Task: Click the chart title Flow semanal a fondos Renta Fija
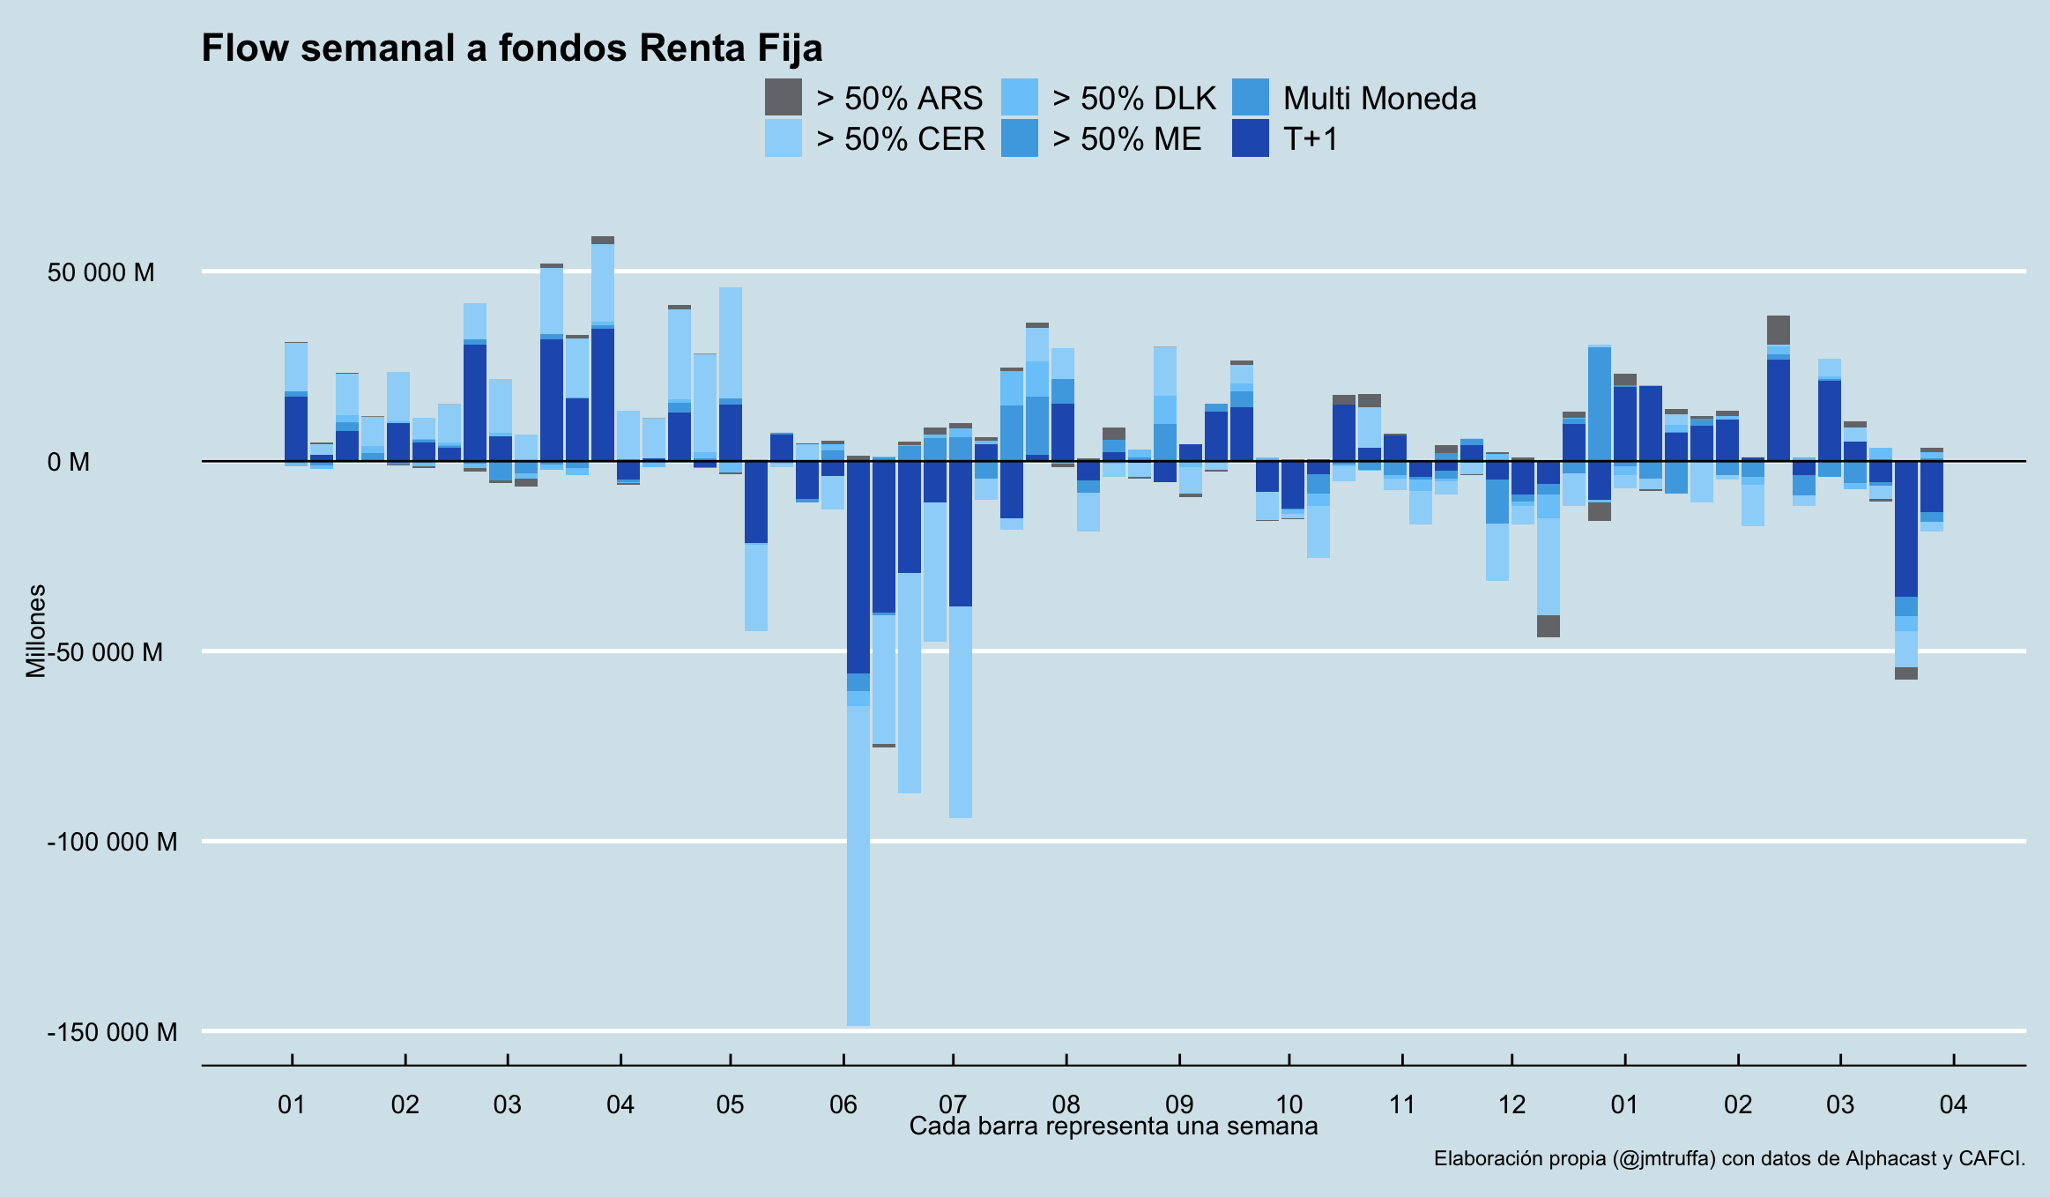tap(511, 48)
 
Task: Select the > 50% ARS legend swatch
tap(783, 97)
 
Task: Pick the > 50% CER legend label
tap(900, 139)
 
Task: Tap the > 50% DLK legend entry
tap(1133, 99)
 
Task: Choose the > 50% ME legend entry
tap(1126, 139)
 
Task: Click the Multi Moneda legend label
tap(1379, 99)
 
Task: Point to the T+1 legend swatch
tap(1250, 138)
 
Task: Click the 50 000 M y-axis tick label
tap(100, 272)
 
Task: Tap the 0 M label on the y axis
tap(69, 462)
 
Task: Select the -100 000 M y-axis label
tap(112, 842)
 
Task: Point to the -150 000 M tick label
tap(112, 1032)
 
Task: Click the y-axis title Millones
tap(36, 631)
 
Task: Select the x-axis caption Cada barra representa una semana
tap(1113, 1126)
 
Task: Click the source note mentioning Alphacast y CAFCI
tap(1728, 1159)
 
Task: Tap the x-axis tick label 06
tap(843, 1104)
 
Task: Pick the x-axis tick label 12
tap(1512, 1104)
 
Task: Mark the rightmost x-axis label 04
tap(1953, 1104)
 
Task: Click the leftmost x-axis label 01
tap(291, 1104)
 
